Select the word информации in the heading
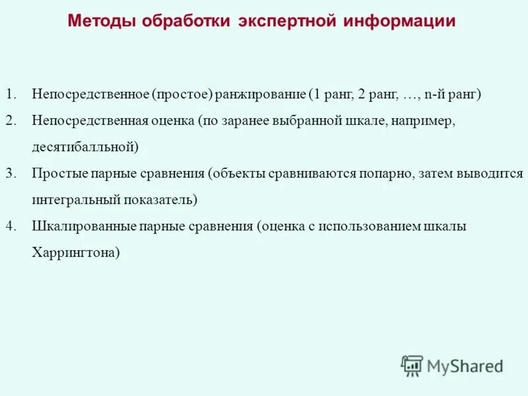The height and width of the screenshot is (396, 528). click(x=399, y=21)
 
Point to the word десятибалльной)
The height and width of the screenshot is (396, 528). click(x=85, y=147)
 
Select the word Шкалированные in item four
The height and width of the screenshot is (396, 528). click(x=84, y=226)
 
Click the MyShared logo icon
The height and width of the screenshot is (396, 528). click(x=412, y=366)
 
